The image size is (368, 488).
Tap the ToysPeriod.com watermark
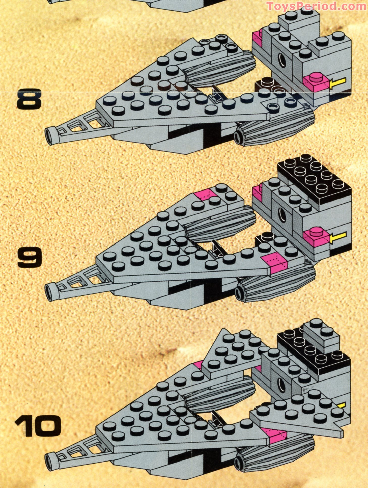[317, 6]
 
